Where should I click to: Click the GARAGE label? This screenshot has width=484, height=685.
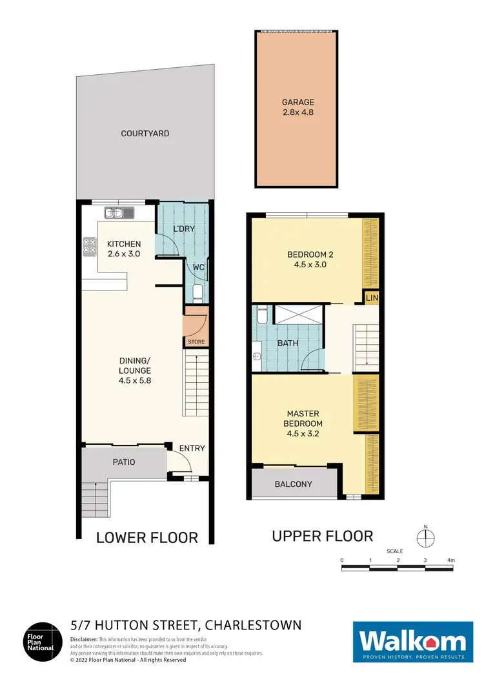click(x=297, y=102)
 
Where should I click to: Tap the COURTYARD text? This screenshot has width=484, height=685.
click(x=145, y=134)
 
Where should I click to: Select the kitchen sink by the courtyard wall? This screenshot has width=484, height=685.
click(x=118, y=212)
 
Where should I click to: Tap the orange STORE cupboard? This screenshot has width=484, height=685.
click(x=196, y=330)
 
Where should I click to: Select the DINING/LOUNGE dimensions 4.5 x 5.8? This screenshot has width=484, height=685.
click(x=134, y=380)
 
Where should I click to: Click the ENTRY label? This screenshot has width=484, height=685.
click(x=192, y=448)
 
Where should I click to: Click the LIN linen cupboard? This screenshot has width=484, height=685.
click(x=371, y=298)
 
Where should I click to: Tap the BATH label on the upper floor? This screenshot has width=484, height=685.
click(x=288, y=343)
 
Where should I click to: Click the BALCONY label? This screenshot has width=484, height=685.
click(x=294, y=484)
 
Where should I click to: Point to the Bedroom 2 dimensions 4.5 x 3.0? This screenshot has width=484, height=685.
click(x=305, y=264)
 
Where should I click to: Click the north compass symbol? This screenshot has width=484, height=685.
click(x=426, y=537)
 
